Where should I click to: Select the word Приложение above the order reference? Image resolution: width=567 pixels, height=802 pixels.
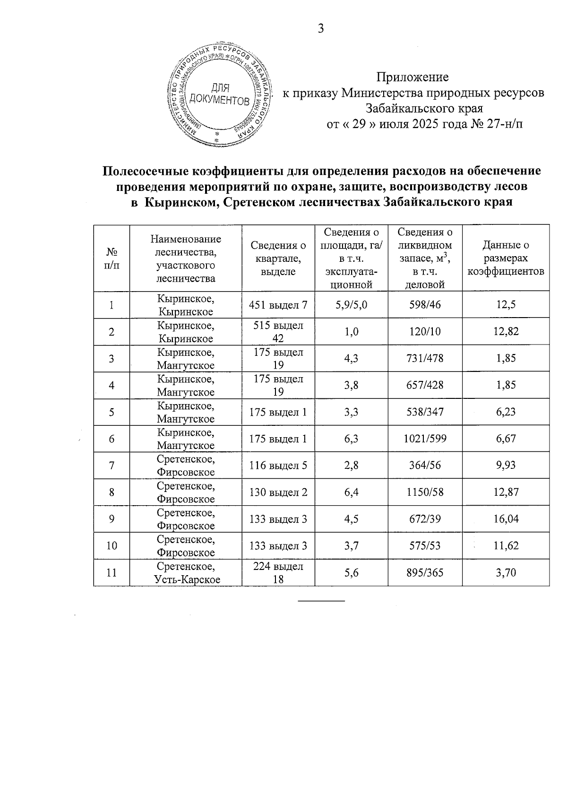pyautogui.click(x=412, y=77)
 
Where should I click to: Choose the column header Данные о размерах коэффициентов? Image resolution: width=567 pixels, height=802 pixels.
pyautogui.click(x=506, y=258)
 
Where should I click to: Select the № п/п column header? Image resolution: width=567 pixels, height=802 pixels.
pyautogui.click(x=112, y=258)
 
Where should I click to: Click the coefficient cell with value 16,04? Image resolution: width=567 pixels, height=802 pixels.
pyautogui.click(x=506, y=519)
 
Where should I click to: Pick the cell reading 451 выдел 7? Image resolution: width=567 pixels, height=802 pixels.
pyautogui.click(x=278, y=305)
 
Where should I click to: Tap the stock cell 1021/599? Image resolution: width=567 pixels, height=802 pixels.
pyautogui.click(x=424, y=439)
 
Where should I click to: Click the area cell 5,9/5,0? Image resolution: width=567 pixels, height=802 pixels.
pyautogui.click(x=351, y=305)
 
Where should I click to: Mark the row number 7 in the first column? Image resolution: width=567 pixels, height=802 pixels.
pyautogui.click(x=112, y=466)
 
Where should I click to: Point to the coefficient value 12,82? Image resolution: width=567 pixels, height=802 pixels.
pyautogui.click(x=506, y=332)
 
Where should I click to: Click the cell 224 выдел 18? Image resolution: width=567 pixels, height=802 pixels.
pyautogui.click(x=278, y=573)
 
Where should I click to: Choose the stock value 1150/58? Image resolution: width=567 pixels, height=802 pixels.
pyautogui.click(x=424, y=492)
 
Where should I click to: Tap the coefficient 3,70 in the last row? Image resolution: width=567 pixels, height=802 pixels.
pyautogui.click(x=506, y=573)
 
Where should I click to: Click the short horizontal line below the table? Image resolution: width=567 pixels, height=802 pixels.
pyautogui.click(x=321, y=601)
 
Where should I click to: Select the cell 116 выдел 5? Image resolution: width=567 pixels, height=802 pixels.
pyautogui.click(x=278, y=466)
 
